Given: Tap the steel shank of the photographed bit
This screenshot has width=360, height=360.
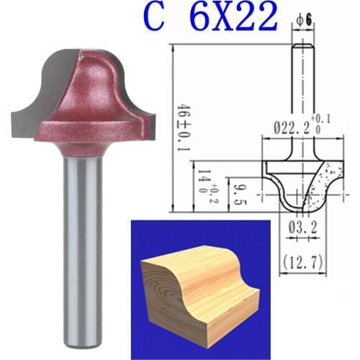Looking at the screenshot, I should coord(80,238).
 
